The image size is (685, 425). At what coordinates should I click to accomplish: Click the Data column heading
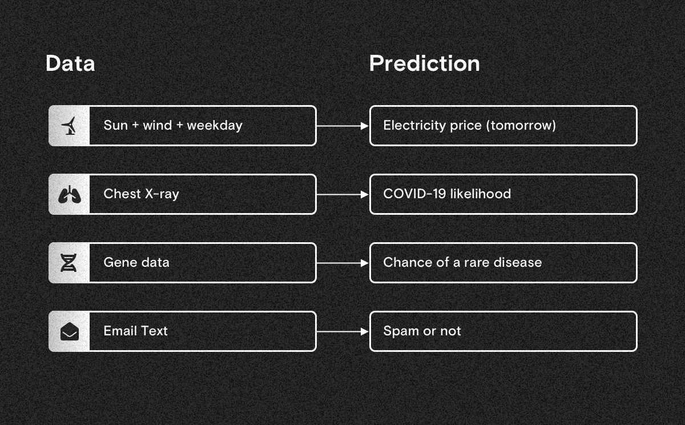[x=70, y=63]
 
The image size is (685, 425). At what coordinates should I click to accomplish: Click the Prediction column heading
[x=424, y=63]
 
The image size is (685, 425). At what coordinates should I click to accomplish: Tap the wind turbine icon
[x=70, y=126]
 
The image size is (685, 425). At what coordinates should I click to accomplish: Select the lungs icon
[x=70, y=195]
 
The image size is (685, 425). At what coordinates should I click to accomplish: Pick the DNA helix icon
[x=70, y=263]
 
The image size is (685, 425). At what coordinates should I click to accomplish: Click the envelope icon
[x=70, y=331]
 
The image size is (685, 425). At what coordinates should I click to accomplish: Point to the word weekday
[x=215, y=125]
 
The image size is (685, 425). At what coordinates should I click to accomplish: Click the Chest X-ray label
[x=141, y=194]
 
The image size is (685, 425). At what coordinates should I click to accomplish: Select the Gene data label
[x=136, y=263]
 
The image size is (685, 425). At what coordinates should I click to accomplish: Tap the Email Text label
[x=135, y=331]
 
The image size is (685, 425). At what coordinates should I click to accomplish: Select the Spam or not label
[x=422, y=331]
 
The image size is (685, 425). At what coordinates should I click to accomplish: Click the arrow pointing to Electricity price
[x=342, y=126]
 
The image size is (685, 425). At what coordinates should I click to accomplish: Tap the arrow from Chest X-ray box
[x=342, y=194]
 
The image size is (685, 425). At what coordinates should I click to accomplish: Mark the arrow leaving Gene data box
[x=342, y=263]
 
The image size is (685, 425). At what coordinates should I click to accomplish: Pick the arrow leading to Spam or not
[x=342, y=331]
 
